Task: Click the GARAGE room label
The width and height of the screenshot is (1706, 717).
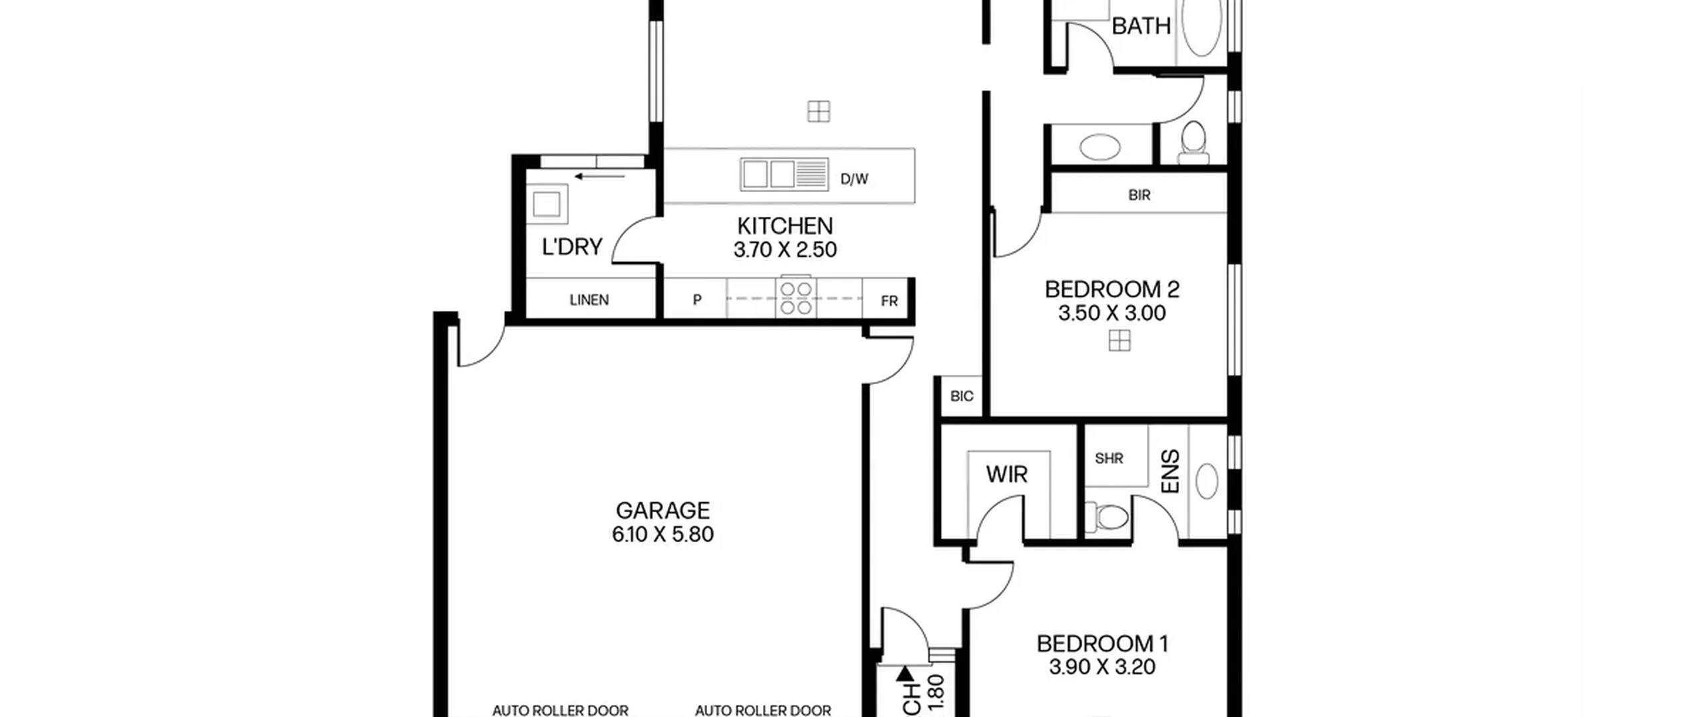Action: click(662, 510)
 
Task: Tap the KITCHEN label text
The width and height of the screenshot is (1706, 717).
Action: click(785, 225)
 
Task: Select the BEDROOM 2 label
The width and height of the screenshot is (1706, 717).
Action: click(1112, 289)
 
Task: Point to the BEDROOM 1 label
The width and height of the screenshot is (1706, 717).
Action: click(1102, 644)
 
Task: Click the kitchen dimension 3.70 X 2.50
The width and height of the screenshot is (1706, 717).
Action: click(785, 249)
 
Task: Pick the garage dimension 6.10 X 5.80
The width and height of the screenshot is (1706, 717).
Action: click(663, 534)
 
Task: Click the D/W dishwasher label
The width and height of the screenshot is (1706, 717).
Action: click(854, 179)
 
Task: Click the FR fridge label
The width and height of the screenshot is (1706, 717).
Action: click(889, 301)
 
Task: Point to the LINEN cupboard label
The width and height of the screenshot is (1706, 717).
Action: click(589, 300)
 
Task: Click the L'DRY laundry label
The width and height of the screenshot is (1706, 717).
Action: click(572, 247)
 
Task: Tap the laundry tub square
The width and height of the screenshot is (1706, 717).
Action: click(546, 204)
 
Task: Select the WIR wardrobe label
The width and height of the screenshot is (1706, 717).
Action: click(1006, 474)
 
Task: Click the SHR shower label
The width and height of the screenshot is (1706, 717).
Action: click(1109, 458)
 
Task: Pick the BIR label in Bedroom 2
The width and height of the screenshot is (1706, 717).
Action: click(1140, 195)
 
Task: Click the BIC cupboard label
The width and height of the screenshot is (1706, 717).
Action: click(962, 396)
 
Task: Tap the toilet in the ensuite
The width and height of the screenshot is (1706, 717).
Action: click(1108, 516)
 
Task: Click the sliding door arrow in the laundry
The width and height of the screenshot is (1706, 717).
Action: click(600, 177)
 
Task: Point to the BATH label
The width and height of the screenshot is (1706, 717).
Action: click(1141, 26)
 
